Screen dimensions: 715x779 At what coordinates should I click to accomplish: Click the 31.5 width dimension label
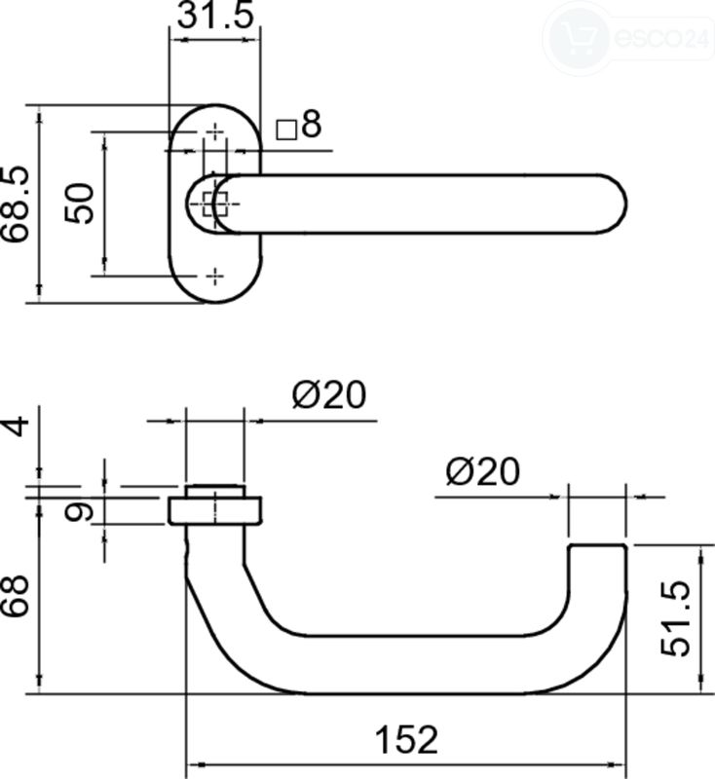[215, 16]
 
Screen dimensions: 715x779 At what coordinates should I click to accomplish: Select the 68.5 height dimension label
[15, 204]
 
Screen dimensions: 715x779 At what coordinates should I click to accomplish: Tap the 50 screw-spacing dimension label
[79, 204]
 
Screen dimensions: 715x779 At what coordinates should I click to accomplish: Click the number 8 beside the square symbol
[312, 125]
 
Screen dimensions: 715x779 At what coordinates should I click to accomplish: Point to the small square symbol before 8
[286, 130]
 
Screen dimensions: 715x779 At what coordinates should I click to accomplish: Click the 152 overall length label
[406, 740]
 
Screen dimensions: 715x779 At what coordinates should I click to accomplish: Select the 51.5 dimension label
[676, 618]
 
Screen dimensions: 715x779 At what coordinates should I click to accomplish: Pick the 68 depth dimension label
[15, 596]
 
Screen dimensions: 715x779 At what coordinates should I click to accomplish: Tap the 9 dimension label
[79, 512]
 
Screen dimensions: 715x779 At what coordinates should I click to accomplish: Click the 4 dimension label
[16, 427]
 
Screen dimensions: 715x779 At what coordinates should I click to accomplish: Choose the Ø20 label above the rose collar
[329, 395]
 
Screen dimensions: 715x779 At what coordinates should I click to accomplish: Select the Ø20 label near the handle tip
[483, 471]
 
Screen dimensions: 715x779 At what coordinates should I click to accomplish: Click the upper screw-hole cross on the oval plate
[215, 131]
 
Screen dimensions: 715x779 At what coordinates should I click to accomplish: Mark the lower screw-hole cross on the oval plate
[214, 276]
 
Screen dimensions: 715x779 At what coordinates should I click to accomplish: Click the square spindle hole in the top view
[215, 204]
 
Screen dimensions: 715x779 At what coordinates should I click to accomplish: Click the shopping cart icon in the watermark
[577, 37]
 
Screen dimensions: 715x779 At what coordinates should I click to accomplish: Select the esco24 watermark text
[661, 37]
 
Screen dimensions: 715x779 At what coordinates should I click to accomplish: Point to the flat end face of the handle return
[597, 545]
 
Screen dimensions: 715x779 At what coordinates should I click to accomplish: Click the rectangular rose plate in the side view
[215, 510]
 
